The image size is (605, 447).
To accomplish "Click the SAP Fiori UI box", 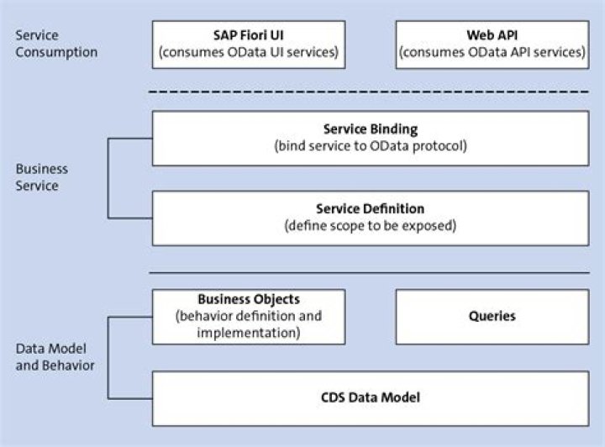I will pyautogui.click(x=248, y=45).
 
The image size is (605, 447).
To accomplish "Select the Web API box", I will pyautogui.click(x=492, y=45).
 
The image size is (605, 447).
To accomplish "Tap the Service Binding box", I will pyautogui.click(x=370, y=138).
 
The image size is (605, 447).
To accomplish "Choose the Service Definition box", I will pyautogui.click(x=370, y=218).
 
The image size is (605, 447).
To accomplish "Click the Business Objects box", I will pyautogui.click(x=248, y=316).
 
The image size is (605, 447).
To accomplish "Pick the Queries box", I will pyautogui.click(x=492, y=316).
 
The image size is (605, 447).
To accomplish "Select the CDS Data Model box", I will pyautogui.click(x=370, y=397).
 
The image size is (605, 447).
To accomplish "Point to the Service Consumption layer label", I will pyautogui.click(x=56, y=44).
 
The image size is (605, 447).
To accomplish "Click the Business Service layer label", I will pyautogui.click(x=42, y=177).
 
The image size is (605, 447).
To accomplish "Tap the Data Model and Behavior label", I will pyautogui.click(x=55, y=357).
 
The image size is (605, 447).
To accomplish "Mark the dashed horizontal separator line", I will pyautogui.click(x=370, y=92).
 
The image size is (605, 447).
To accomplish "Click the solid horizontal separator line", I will pyautogui.click(x=370, y=272).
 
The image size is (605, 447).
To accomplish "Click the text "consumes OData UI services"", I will pyautogui.click(x=249, y=53).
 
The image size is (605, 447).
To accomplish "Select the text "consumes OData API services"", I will pyautogui.click(x=492, y=53).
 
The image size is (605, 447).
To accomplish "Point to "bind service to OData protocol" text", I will pyautogui.click(x=370, y=146).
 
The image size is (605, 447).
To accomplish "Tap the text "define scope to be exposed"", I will pyautogui.click(x=370, y=226).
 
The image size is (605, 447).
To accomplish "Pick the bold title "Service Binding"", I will pyautogui.click(x=370, y=129).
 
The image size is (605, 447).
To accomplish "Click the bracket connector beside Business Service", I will pyautogui.click(x=108, y=177).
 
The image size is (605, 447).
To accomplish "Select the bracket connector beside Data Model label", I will pyautogui.click(x=108, y=357).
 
